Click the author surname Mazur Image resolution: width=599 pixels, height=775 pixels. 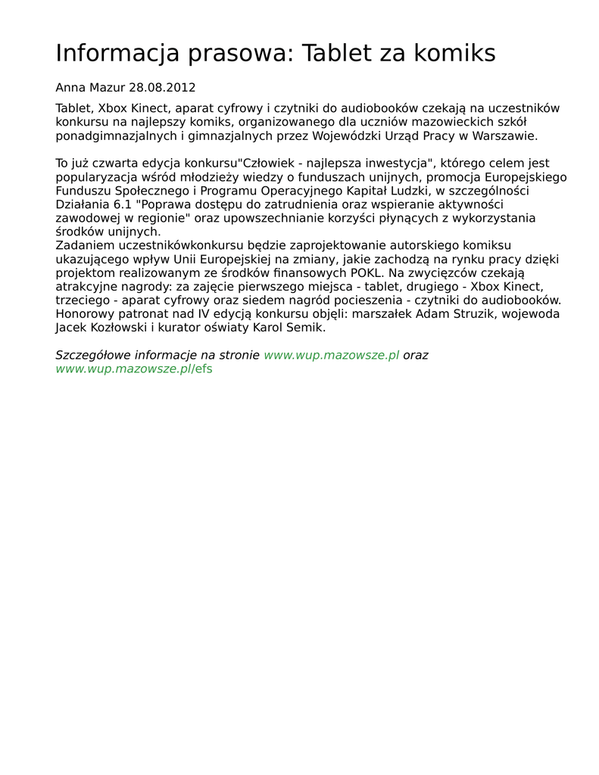tap(108, 88)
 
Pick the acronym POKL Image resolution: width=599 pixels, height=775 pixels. tap(366, 273)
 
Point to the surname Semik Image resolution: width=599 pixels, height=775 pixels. tap(306, 328)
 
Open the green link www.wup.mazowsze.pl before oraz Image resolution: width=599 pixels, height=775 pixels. tap(331, 356)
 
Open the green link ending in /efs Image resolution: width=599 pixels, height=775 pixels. tap(134, 369)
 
